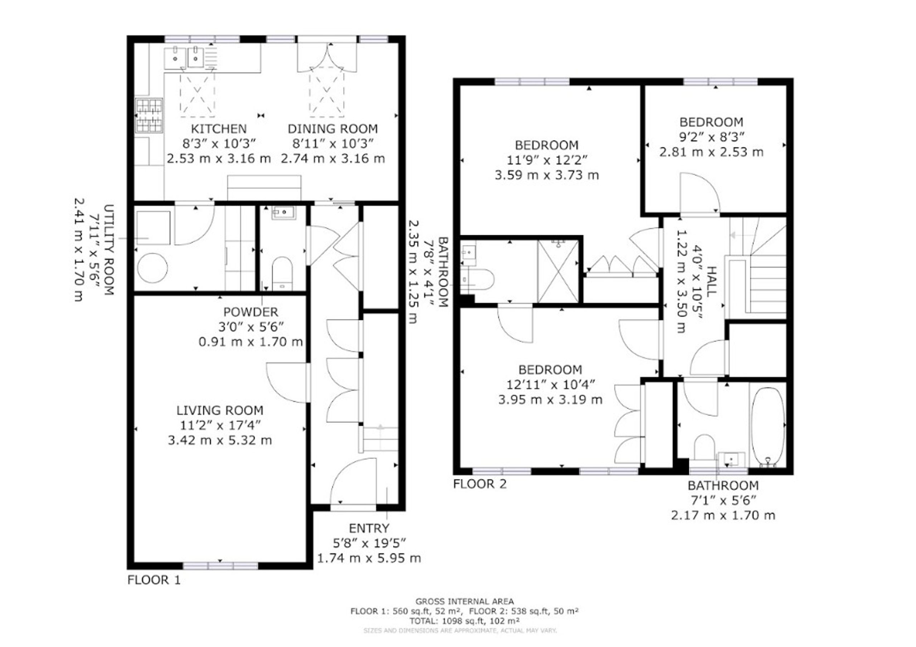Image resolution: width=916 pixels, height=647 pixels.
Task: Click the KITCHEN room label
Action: pos(219,129)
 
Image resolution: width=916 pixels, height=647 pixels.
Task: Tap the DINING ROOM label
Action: pos(333,129)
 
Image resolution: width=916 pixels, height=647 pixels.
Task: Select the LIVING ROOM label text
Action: pos(220,410)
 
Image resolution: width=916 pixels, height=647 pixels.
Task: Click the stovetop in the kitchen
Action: pos(149,115)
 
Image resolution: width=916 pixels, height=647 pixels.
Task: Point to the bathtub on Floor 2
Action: pos(768,425)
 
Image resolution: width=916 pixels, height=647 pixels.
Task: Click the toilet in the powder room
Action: pos(282,274)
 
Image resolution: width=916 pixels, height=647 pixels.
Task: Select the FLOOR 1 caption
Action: pos(154,580)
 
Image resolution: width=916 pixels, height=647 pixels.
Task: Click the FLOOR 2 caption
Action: pos(480,484)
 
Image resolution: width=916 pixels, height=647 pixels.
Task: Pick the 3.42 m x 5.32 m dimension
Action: pos(220,441)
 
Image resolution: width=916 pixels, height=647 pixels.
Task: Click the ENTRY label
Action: pos(369,529)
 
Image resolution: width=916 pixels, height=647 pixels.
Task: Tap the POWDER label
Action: pos(250,312)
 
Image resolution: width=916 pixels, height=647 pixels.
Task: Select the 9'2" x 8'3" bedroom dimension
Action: pos(712,137)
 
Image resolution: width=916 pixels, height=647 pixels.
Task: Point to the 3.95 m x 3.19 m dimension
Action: pos(550,400)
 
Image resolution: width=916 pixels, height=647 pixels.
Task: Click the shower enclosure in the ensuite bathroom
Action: pos(558,271)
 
